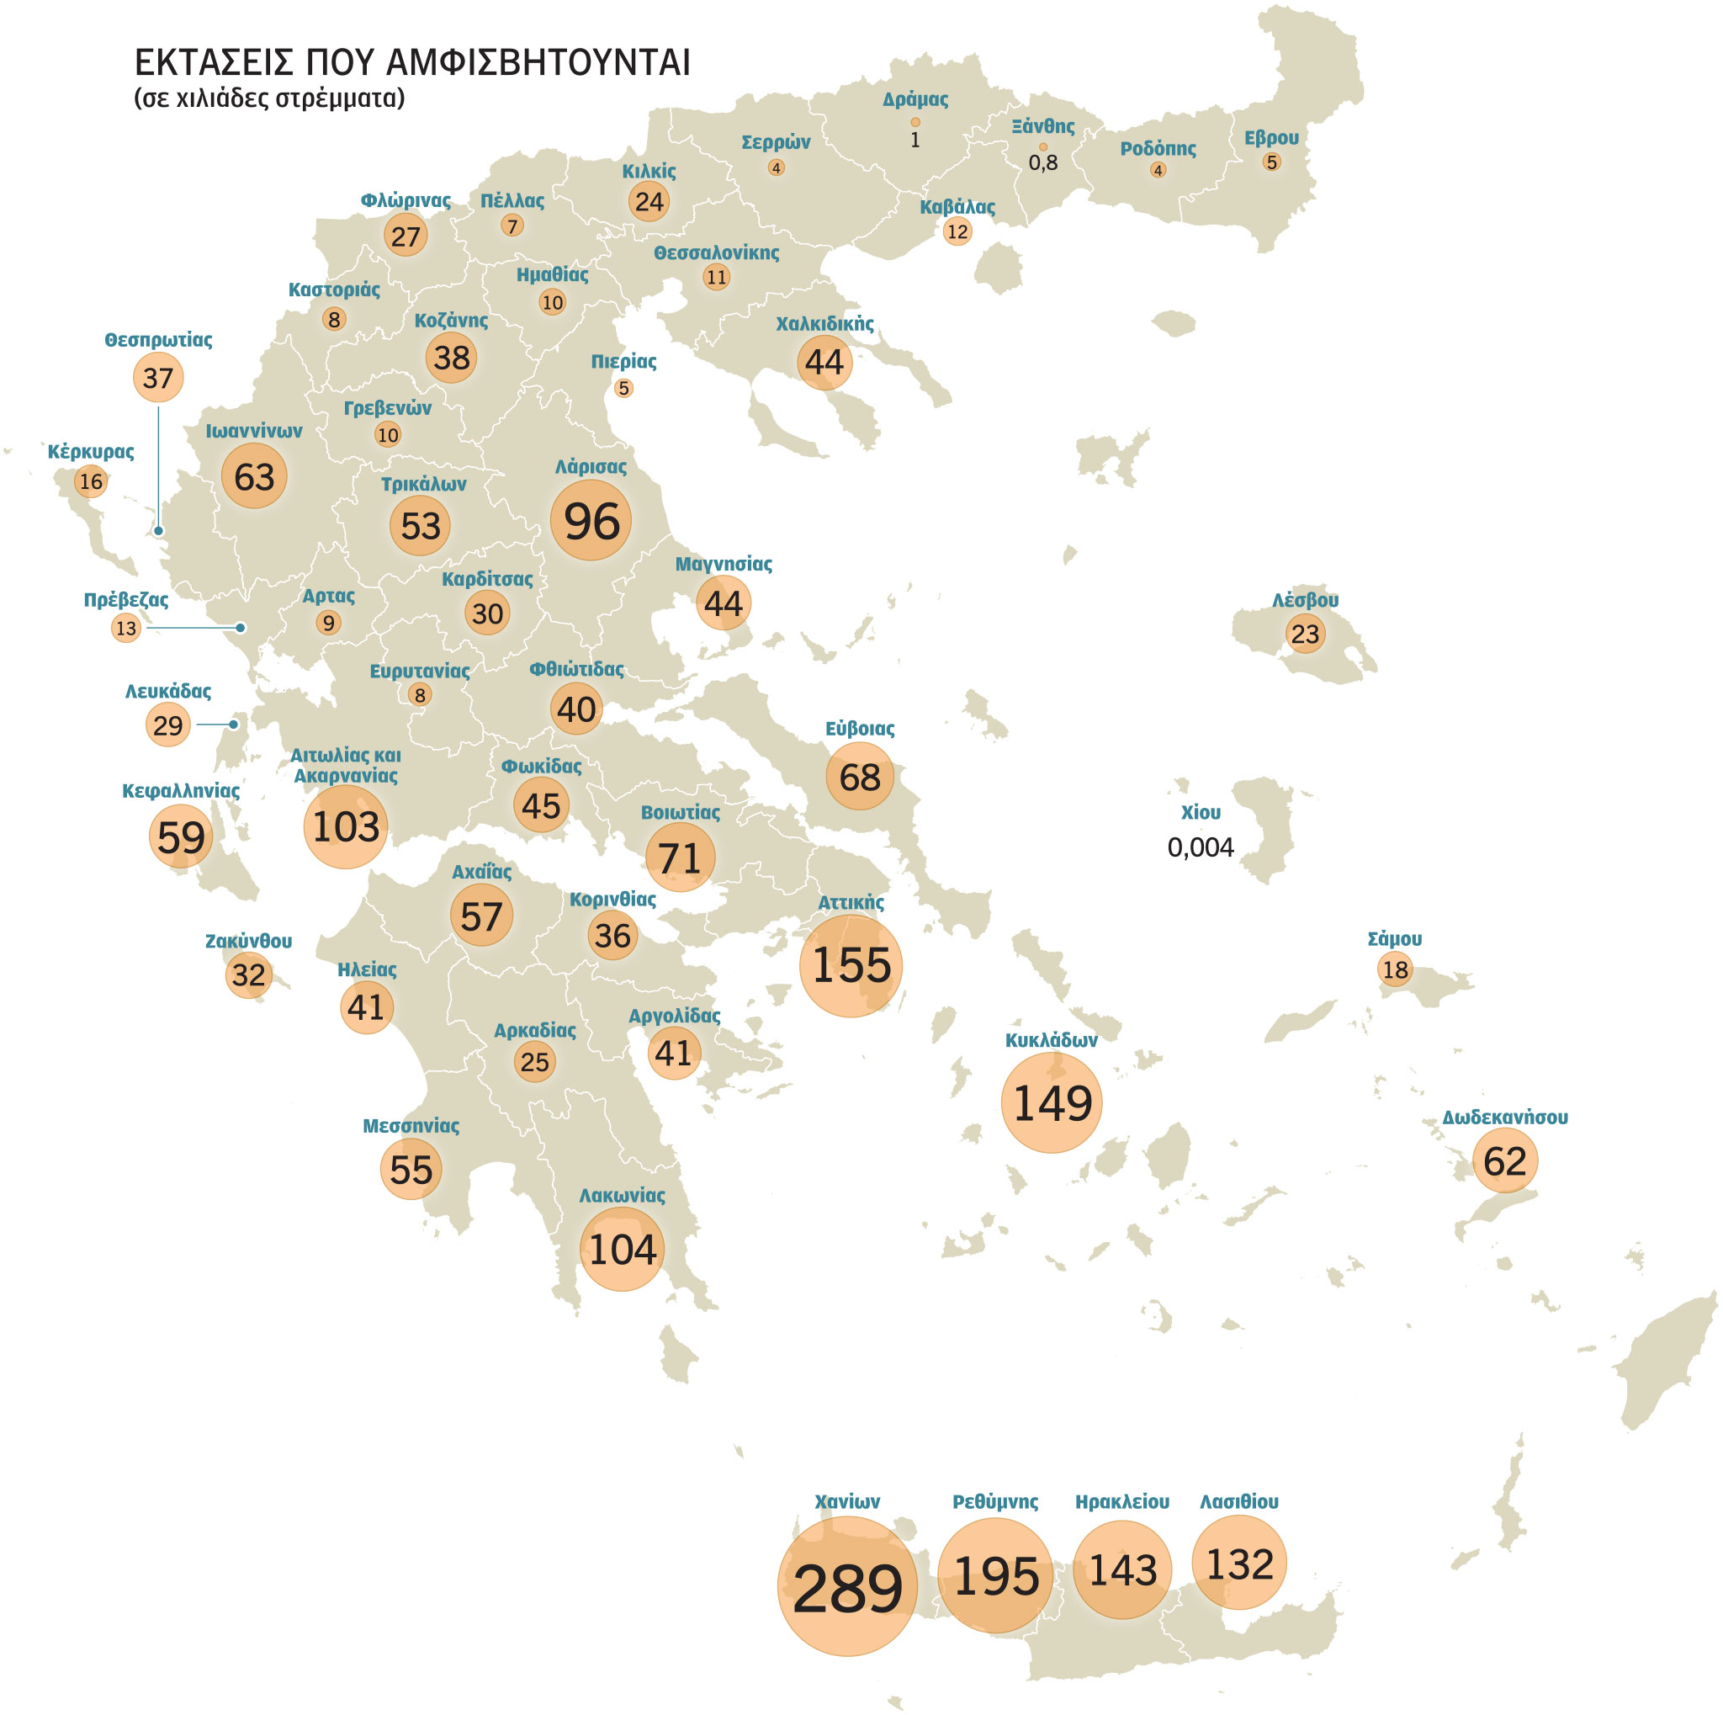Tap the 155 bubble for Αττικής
tap(851, 966)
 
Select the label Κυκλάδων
tap(1051, 1040)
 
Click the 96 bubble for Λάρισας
tap(591, 521)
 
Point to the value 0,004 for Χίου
tap(1201, 847)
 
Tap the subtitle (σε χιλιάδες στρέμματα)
tap(269, 98)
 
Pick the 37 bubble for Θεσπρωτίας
tap(158, 378)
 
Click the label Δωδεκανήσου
tap(1504, 1118)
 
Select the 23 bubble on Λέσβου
tap(1305, 634)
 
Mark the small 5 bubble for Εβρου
tap(1272, 162)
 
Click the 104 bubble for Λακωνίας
tap(622, 1250)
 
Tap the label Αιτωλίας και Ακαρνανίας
tap(345, 765)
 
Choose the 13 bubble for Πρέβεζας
tap(125, 628)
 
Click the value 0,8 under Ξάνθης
tap(1042, 162)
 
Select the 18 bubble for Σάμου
tap(1395, 969)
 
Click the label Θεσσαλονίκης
tap(716, 253)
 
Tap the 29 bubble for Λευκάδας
tap(167, 725)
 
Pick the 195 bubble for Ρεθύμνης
tap(995, 1577)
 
